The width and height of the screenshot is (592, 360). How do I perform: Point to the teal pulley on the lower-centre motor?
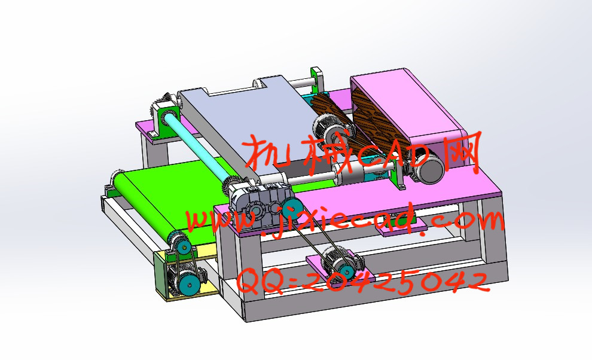346,271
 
